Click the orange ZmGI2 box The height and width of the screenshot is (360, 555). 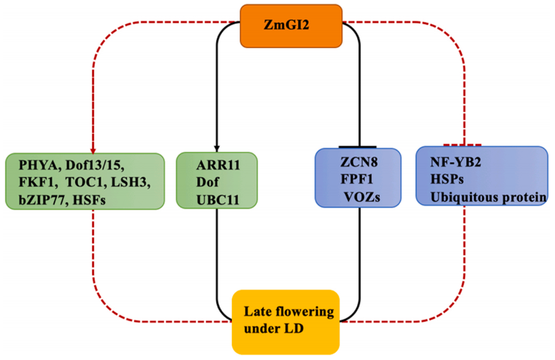291,26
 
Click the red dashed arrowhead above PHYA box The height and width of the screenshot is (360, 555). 93,149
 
